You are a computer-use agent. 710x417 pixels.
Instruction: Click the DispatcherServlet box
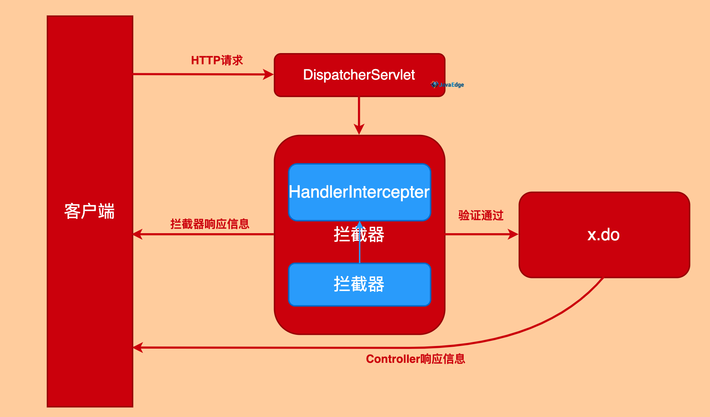[359, 75]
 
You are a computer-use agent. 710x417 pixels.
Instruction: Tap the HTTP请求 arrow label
[217, 60]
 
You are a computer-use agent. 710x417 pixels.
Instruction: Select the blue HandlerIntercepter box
[359, 192]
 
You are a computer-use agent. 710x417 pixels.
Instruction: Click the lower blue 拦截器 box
[359, 284]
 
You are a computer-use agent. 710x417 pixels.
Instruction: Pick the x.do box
[604, 235]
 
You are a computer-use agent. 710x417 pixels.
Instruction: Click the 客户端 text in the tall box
[90, 211]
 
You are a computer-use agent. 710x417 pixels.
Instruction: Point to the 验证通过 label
[481, 216]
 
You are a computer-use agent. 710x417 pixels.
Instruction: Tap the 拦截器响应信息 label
[210, 224]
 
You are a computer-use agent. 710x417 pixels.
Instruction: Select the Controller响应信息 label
[415, 359]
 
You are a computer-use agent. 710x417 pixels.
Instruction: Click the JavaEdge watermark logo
[448, 84]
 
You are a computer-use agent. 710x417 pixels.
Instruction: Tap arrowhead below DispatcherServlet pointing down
[359, 129]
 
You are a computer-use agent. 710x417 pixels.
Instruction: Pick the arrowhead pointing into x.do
[513, 234]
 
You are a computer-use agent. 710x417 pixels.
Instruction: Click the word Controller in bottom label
[393, 359]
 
